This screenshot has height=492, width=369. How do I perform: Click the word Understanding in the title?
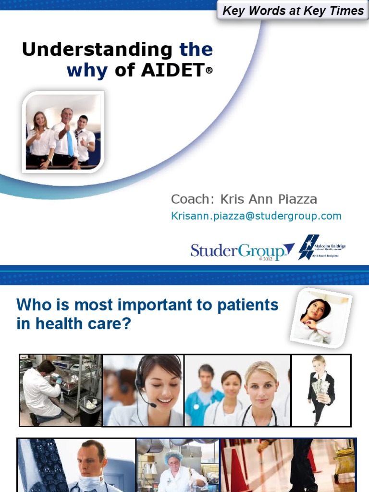(97, 50)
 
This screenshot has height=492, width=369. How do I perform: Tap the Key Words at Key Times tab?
(293, 11)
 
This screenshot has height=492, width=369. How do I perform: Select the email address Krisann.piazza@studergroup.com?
(256, 216)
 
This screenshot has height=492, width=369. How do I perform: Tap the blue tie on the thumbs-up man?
(70, 144)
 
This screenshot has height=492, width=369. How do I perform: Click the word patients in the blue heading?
(242, 305)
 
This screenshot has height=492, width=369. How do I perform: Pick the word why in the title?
(87, 71)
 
